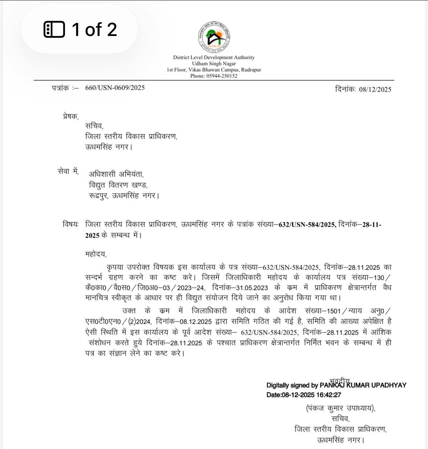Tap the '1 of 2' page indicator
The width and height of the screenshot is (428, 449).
pyautogui.click(x=80, y=29)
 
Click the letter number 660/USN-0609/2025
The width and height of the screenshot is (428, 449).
pyautogui.click(x=115, y=88)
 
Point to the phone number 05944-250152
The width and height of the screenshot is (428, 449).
pyautogui.click(x=222, y=76)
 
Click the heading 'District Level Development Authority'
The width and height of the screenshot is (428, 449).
pyautogui.click(x=214, y=57)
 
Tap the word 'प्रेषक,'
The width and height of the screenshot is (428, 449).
pyautogui.click(x=70, y=116)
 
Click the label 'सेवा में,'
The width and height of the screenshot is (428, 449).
pyautogui.click(x=68, y=171)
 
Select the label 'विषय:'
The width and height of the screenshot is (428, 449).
pyautogui.click(x=70, y=224)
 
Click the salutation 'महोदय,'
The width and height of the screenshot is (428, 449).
pyautogui.click(x=96, y=254)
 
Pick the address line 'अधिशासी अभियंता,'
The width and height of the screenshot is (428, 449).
pyautogui.click(x=116, y=174)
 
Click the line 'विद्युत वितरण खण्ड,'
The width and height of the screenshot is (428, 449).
pyautogui.click(x=118, y=185)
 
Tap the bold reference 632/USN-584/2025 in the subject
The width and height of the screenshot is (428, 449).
pyautogui.click(x=307, y=225)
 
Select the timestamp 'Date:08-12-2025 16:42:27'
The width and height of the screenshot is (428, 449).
pyautogui.click(x=304, y=395)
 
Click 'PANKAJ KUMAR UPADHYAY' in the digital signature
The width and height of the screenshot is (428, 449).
pyautogui.click(x=363, y=385)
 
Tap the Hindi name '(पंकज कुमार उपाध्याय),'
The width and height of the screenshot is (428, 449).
pyautogui.click(x=341, y=408)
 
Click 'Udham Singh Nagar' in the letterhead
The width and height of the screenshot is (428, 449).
pyautogui.click(x=214, y=64)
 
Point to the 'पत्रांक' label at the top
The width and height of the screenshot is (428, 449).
pyautogui.click(x=60, y=88)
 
